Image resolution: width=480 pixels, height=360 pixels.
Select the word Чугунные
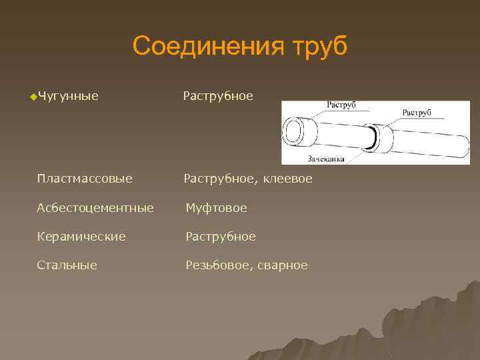point(68,97)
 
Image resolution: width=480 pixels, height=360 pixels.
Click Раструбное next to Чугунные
point(218,97)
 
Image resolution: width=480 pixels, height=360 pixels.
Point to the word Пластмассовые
point(85,179)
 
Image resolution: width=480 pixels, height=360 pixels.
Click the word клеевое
point(287,179)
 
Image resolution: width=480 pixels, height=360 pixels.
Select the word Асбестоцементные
point(95,208)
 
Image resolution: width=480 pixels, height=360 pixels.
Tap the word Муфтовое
point(216,208)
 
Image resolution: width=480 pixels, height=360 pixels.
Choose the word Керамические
point(81,237)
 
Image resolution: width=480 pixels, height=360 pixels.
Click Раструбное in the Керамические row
point(220,237)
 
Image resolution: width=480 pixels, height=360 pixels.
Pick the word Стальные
point(67,265)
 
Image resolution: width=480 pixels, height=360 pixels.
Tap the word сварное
point(284,265)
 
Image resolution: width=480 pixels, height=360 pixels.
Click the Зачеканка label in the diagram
point(325,159)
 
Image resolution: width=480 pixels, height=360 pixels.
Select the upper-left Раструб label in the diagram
point(341,105)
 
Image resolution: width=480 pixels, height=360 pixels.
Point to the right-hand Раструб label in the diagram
point(416,112)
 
